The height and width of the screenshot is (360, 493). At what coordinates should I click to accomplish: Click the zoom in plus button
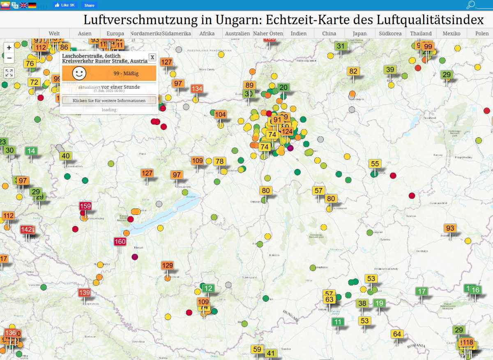point(9,48)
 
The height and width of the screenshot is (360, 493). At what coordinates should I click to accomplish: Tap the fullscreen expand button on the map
point(9,73)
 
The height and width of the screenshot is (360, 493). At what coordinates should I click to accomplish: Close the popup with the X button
point(152,57)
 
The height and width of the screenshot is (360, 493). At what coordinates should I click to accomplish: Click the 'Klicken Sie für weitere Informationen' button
point(109,100)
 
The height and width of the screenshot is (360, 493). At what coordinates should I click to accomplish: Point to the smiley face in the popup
point(79,73)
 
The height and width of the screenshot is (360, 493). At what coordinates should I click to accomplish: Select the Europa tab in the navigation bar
point(115,33)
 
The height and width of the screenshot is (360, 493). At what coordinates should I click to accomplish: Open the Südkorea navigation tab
point(390,33)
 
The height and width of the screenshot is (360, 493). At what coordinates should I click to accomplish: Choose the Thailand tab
point(421,33)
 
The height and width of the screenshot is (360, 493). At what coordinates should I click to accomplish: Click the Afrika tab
point(207,33)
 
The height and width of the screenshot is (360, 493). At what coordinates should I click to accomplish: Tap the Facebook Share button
point(89,5)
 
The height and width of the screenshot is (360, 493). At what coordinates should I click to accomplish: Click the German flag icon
point(32,5)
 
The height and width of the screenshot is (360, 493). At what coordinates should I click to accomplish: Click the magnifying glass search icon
point(471,5)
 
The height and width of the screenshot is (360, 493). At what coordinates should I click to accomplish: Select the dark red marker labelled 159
point(85,206)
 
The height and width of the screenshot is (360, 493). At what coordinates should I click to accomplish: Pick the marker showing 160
point(120,242)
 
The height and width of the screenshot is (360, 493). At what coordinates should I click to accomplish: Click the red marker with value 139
point(84,293)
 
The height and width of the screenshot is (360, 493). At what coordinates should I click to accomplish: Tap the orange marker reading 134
point(197,89)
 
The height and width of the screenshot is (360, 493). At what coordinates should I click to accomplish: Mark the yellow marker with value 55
point(375,164)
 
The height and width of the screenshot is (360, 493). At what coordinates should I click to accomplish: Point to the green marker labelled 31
point(341,46)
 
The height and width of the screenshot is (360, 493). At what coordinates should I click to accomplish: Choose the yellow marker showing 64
point(397,334)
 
